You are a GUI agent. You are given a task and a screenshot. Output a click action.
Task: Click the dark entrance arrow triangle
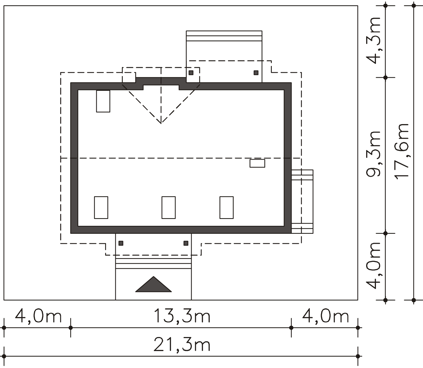tap(153, 285)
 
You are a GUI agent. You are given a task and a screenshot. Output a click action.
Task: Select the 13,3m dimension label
tap(182, 316)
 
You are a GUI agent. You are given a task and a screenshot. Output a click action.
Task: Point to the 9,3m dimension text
tap(373, 154)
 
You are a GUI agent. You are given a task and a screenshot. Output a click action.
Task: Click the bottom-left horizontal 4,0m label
tap(38, 316)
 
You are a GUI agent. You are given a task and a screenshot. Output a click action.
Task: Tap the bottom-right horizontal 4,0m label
tap(325, 316)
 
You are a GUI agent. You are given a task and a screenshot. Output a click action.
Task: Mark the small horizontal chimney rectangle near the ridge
tap(257, 163)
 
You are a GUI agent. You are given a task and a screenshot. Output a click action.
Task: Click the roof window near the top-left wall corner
tap(103, 101)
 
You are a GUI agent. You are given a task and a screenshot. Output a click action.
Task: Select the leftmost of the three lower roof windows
tap(101, 208)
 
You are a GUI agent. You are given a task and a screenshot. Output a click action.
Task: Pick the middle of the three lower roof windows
tap(168, 208)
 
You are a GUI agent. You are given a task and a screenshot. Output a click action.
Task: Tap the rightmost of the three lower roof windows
tap(226, 208)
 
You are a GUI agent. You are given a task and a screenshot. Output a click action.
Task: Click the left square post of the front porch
tap(121, 243)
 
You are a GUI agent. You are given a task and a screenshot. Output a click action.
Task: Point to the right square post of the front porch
tap(186, 243)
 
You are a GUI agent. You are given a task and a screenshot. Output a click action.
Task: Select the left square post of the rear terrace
tap(191, 73)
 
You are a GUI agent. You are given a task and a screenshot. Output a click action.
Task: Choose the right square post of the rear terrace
tap(256, 73)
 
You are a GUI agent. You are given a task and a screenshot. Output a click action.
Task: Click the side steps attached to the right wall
tap(302, 201)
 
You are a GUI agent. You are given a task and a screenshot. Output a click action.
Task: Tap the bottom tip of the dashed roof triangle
tap(161, 123)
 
